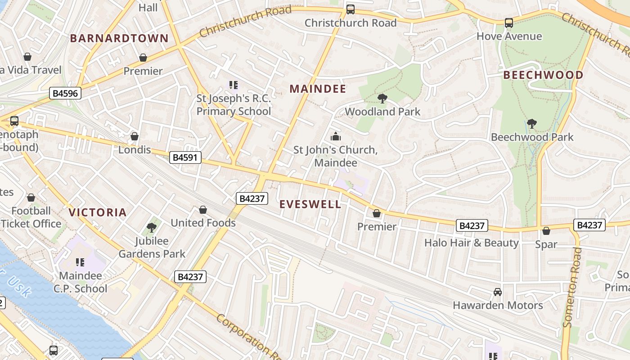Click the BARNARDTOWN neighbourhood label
tap(119, 38)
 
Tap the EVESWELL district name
tap(310, 204)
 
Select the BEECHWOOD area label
tap(543, 75)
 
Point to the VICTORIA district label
tap(97, 212)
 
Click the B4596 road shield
tap(65, 94)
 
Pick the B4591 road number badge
tap(185, 157)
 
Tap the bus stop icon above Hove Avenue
tap(509, 23)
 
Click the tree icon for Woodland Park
tap(382, 98)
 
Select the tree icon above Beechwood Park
tap(532, 124)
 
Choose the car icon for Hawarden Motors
tap(498, 292)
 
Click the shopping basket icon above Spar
tap(546, 231)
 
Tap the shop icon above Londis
tap(134, 136)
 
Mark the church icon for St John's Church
tap(335, 136)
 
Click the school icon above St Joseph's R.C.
tap(233, 85)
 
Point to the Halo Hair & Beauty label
tap(472, 243)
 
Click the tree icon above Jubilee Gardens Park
tap(152, 228)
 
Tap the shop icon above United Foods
tap(203, 210)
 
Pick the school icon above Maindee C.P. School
tap(81, 262)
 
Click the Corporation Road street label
tap(247, 337)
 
